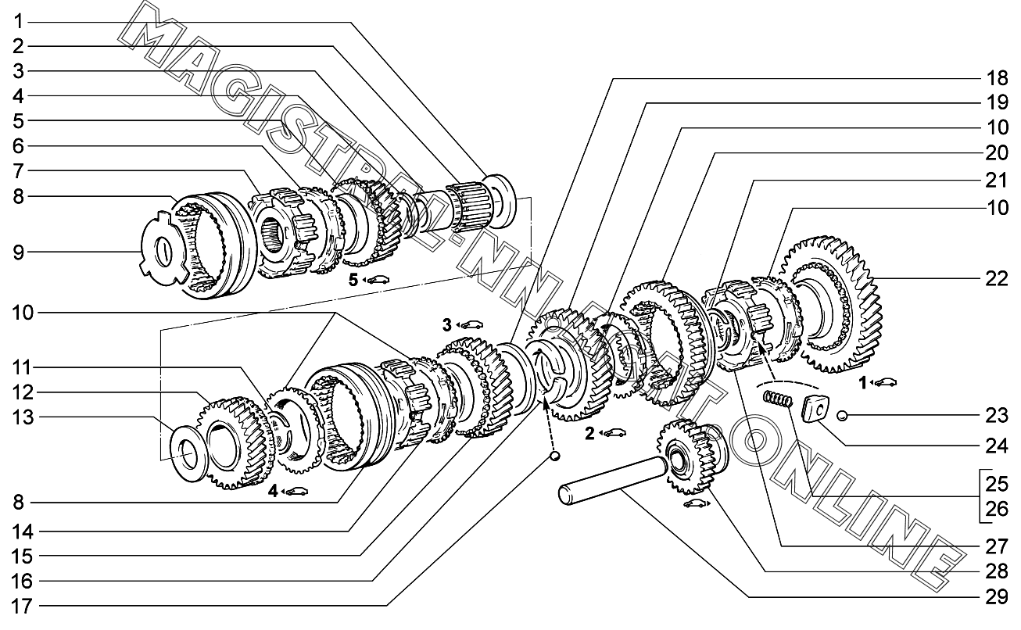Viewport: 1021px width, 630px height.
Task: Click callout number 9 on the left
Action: tap(18, 252)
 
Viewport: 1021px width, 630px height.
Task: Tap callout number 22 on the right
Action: tap(997, 278)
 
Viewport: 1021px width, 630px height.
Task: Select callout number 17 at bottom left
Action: tap(22, 607)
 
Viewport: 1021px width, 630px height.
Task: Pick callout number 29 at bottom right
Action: tap(997, 596)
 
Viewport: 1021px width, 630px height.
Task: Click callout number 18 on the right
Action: tap(997, 78)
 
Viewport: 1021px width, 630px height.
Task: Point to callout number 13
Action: tap(23, 417)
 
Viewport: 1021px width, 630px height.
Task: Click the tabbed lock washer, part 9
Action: tap(163, 249)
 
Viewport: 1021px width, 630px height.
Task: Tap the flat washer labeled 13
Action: tap(189, 453)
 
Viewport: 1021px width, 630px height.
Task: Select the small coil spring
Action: tap(778, 399)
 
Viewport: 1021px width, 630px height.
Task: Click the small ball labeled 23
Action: tap(842, 415)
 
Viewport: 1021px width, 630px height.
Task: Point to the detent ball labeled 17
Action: tap(554, 456)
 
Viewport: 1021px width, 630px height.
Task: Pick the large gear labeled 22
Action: tap(832, 304)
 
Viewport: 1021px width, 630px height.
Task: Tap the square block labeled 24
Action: tap(815, 409)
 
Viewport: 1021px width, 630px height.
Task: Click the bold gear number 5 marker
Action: tap(353, 280)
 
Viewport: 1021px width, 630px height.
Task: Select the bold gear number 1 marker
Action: tap(862, 383)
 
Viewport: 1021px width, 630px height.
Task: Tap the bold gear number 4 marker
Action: tap(273, 491)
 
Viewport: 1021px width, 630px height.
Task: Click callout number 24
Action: tap(997, 446)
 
